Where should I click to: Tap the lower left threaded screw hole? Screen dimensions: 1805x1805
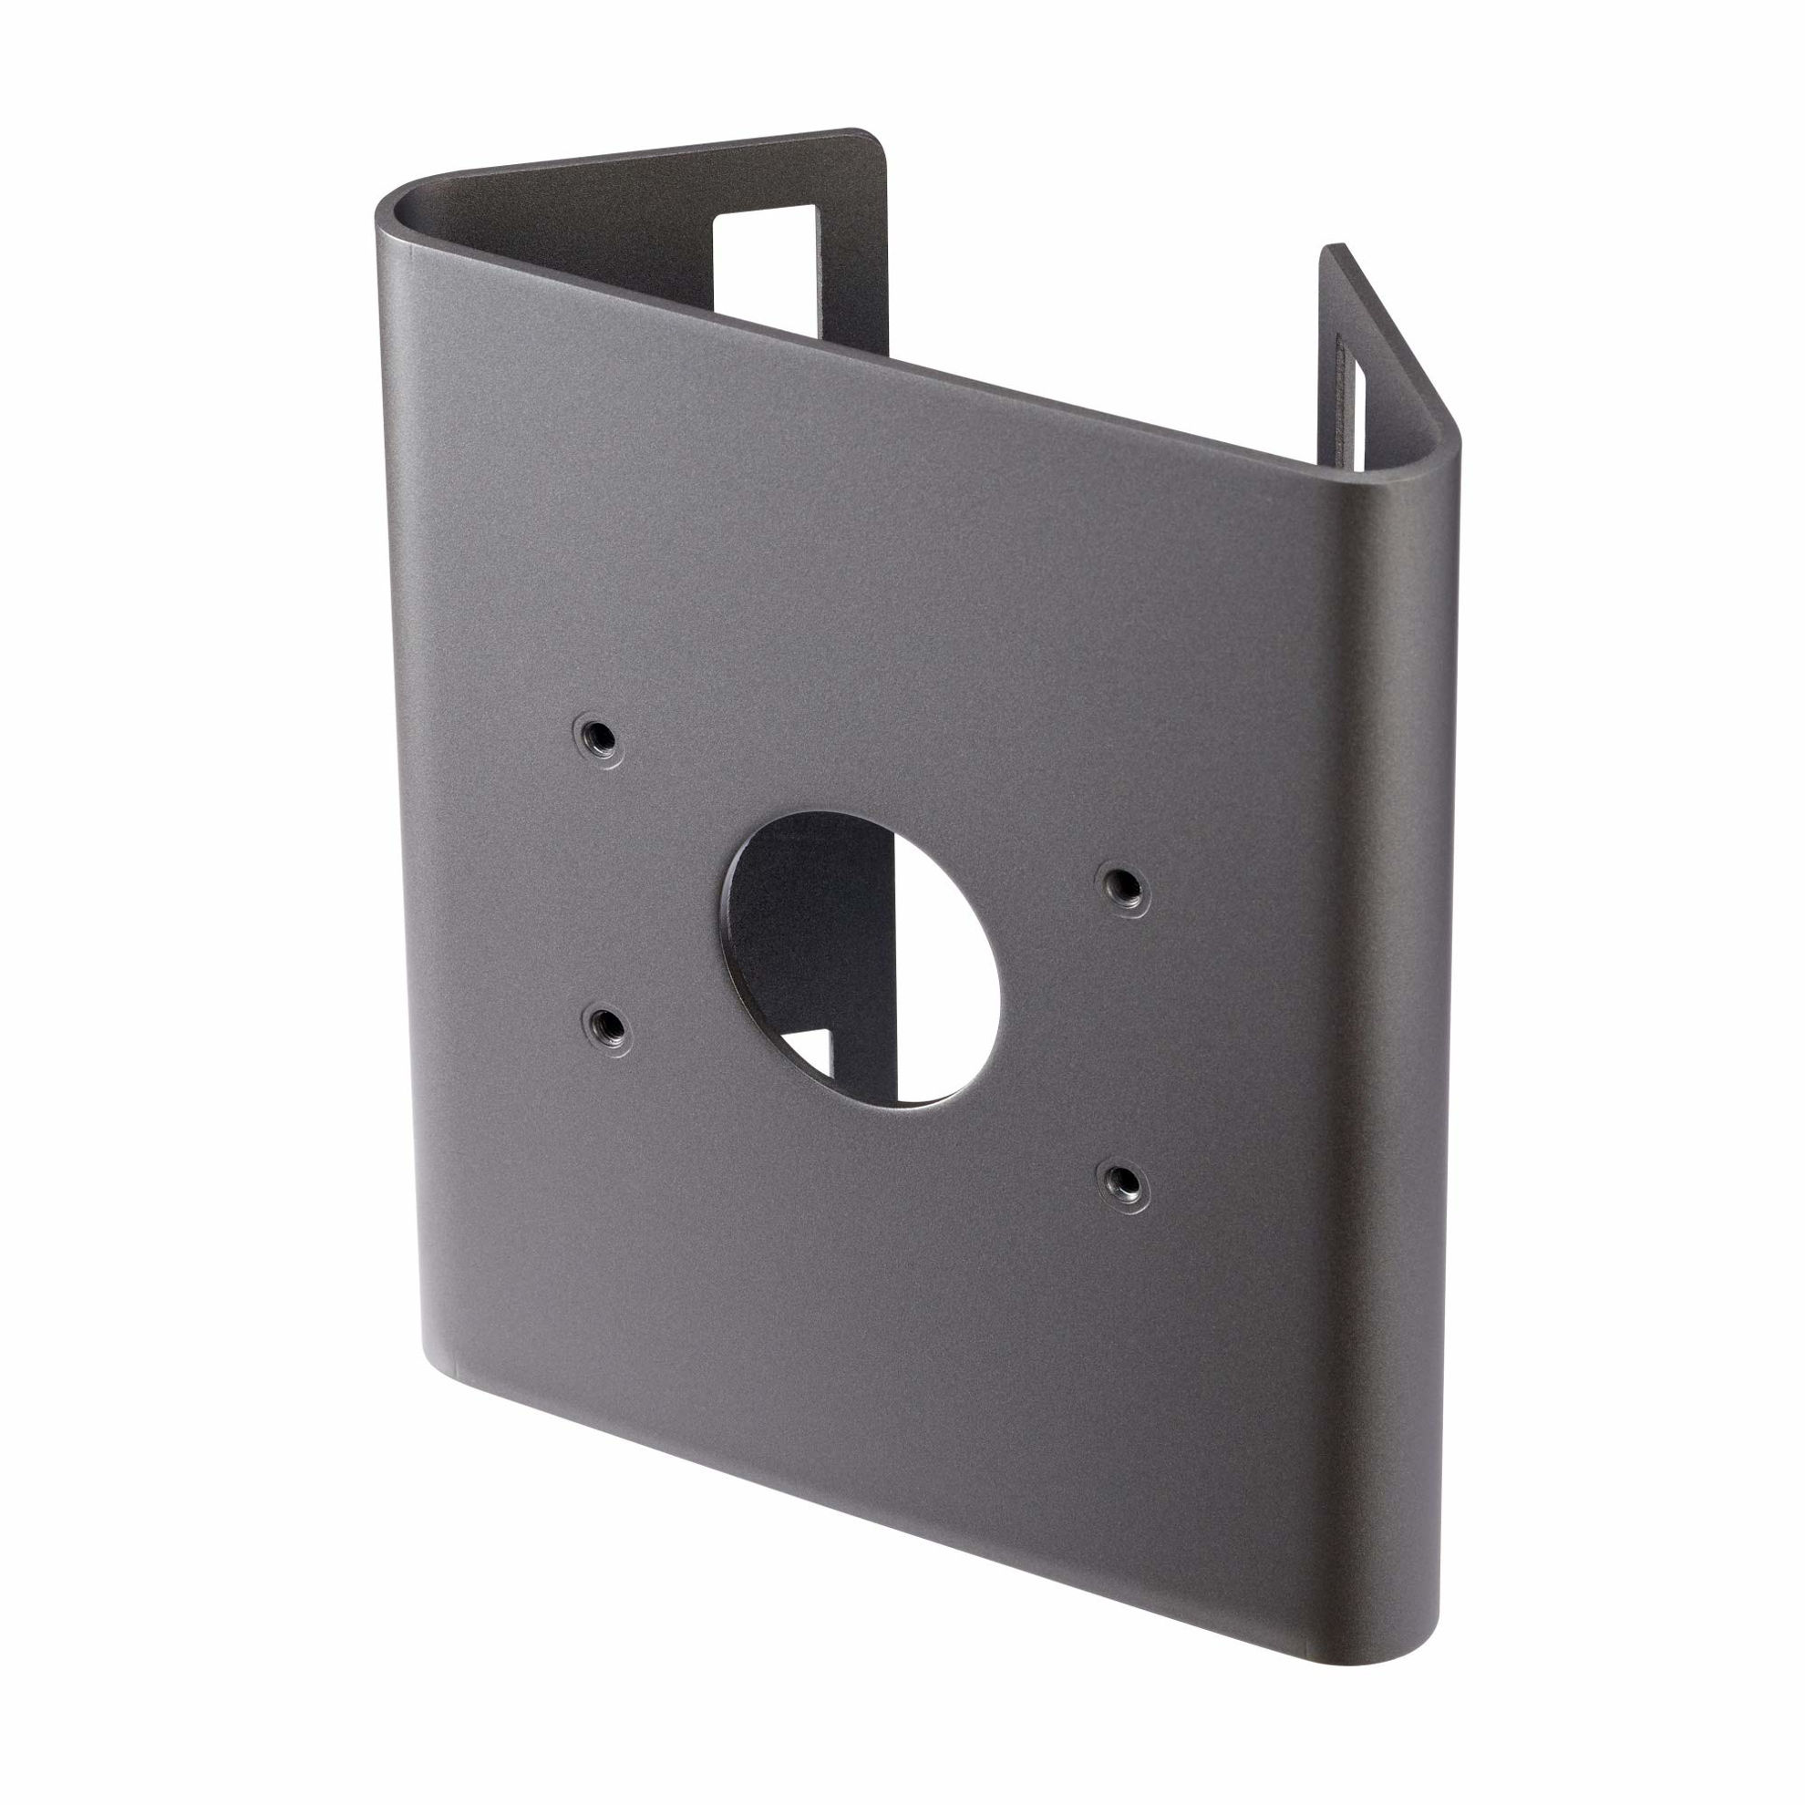604,1026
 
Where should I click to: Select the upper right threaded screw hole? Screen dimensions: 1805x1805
1123,887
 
